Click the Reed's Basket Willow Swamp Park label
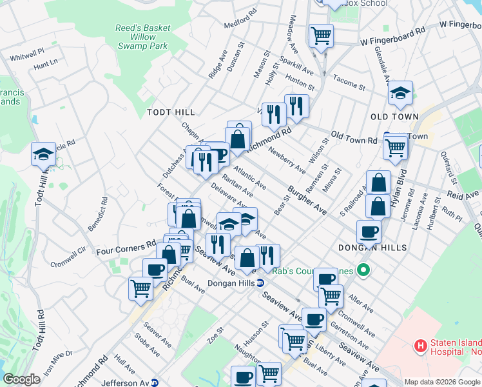coord(142,37)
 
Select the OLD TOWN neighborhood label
coord(394,117)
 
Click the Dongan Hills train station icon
coord(260,283)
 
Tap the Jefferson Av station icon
coord(155,382)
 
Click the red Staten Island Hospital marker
coord(421,346)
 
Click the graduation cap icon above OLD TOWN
coord(400,94)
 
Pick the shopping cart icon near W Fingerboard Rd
coord(320,36)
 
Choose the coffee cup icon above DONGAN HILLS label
coord(369,232)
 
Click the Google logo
coord(22,379)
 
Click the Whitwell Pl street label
coord(26,51)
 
